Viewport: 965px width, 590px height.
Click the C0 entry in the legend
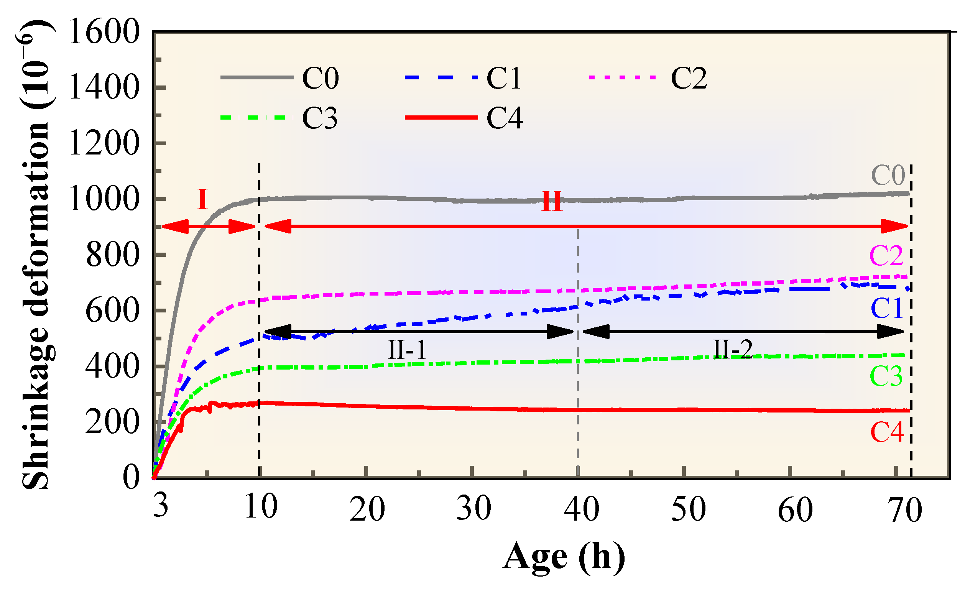pos(320,78)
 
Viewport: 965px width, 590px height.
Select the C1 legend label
pos(504,78)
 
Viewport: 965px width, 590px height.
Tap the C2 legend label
pos(689,78)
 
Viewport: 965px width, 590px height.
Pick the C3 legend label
pos(320,118)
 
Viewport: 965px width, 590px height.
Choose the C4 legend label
pos(505,118)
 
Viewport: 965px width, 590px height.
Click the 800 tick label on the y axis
pos(112,255)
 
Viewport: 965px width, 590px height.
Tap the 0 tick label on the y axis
pos(131,478)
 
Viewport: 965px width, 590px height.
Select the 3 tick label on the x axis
pos(161,506)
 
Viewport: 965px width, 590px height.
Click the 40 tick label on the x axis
pos(582,509)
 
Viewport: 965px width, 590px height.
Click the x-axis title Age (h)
pos(564,557)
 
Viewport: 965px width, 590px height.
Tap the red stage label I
pos(202,200)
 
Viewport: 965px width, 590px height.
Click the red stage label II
pos(551,202)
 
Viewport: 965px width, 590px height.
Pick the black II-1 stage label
pos(407,350)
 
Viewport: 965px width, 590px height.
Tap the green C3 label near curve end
pos(886,376)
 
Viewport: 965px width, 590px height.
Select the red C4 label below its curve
pos(887,432)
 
